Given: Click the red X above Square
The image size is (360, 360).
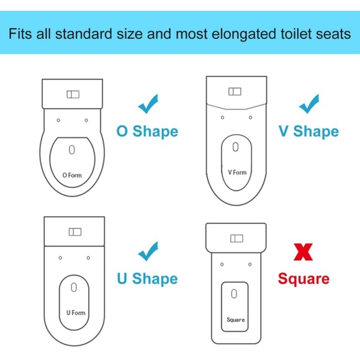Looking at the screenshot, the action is click(x=303, y=252).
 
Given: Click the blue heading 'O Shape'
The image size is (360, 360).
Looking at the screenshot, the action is click(x=147, y=132).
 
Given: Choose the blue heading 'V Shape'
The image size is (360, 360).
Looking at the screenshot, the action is click(x=308, y=132).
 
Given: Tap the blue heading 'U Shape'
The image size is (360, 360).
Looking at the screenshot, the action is click(x=147, y=279).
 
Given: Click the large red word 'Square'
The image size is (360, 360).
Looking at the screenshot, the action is click(x=304, y=279).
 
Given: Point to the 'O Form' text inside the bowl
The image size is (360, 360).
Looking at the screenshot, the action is click(x=72, y=176).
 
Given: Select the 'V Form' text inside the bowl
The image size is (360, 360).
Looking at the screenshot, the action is click(x=237, y=173).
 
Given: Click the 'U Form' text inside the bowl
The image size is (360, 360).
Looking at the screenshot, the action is click(x=76, y=313).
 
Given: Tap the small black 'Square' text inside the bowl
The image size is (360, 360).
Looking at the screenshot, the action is click(x=236, y=320).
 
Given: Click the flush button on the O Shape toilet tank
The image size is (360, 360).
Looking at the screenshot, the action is click(x=73, y=94).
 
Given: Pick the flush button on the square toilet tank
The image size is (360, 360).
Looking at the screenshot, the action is click(x=236, y=238).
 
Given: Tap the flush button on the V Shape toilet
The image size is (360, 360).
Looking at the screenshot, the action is click(x=235, y=92).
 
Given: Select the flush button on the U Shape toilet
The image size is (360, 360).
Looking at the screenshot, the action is click(x=75, y=232).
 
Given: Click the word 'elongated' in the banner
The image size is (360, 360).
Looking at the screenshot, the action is click(x=244, y=34).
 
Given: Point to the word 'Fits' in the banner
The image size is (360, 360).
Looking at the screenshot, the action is click(x=20, y=34).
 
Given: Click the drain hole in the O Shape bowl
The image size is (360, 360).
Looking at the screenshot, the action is click(x=72, y=150).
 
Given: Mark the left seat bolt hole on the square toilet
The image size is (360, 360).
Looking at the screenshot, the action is click(x=222, y=264).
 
